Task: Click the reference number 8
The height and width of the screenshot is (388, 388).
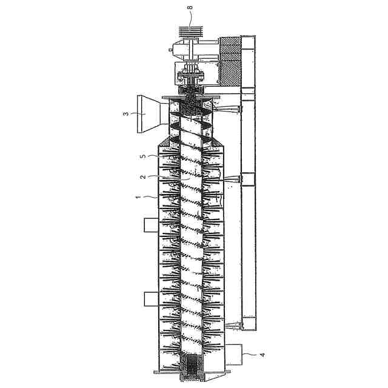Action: pos(190,7)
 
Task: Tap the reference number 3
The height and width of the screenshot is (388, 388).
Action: pos(126,114)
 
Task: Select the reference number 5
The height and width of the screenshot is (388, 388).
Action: pos(143,156)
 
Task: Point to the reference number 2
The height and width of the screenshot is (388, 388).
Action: pos(143,177)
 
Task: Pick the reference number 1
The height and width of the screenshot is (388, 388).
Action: pos(138,197)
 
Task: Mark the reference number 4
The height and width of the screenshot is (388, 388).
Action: pos(263,355)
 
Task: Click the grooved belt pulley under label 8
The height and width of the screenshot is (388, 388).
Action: pos(190,32)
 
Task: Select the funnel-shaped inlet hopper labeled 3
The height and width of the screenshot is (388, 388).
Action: pos(153,114)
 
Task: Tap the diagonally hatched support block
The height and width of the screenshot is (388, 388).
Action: pos(230,61)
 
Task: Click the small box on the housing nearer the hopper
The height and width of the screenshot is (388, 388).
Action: pos(151,225)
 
